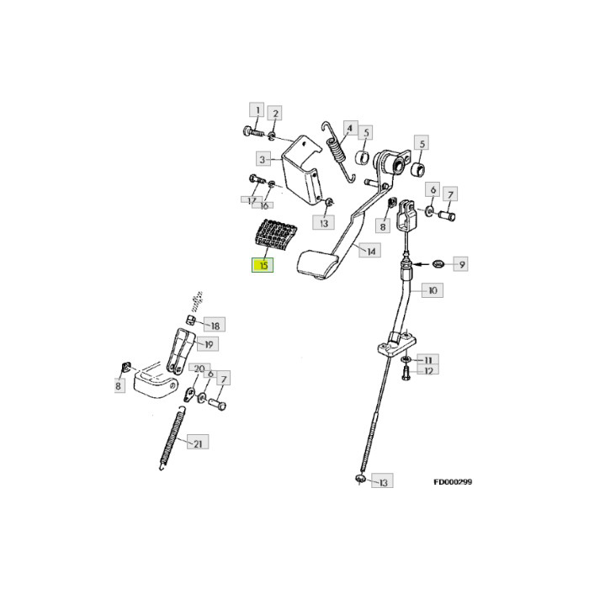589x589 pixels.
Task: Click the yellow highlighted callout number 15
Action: [x=263, y=266]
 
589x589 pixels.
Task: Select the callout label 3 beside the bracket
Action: [x=262, y=159]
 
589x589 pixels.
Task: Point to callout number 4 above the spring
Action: [x=348, y=128]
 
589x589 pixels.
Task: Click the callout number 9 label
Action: [x=461, y=265]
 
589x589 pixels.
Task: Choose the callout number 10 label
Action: [x=432, y=290]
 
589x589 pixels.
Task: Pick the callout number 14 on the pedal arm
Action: [x=369, y=250]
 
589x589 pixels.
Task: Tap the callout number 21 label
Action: [x=199, y=443]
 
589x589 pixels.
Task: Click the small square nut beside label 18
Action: [x=191, y=321]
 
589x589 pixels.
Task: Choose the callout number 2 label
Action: [x=275, y=114]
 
